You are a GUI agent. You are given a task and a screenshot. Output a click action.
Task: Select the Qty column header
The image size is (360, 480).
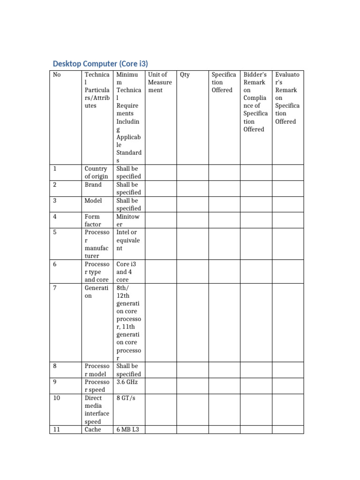[185, 75]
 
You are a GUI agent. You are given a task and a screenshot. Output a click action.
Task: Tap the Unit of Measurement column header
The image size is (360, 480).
[159, 82]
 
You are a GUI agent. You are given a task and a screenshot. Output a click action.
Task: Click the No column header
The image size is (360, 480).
[57, 75]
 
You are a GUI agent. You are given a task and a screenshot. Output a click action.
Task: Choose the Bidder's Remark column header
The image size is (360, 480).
[255, 102]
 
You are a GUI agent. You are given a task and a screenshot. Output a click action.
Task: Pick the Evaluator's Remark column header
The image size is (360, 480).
[287, 98]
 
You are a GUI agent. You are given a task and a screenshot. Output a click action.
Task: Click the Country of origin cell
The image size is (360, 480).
[96, 172]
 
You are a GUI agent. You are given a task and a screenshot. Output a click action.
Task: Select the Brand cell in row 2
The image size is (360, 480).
[93, 185]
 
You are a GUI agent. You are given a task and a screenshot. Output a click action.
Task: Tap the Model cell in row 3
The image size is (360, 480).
[93, 201]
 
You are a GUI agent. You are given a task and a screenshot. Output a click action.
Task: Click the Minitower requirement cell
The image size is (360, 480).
[127, 220]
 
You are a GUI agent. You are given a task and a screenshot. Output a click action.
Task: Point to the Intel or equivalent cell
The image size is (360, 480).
[128, 240]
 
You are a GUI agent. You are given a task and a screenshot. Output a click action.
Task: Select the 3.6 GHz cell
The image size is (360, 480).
[127, 382]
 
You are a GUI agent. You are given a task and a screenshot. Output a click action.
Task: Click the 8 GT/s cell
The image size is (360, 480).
[126, 398]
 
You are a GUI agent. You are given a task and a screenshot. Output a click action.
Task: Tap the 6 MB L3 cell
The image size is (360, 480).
[127, 429]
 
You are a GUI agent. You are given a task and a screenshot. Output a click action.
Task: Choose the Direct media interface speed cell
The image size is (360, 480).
[97, 410]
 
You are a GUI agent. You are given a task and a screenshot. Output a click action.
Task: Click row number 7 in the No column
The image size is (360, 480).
[55, 288]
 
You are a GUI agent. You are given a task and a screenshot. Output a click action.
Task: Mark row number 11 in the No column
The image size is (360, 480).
[56, 429]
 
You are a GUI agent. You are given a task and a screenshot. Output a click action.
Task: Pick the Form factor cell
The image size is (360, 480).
[93, 220]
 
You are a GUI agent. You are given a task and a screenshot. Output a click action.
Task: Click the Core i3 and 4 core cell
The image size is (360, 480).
[126, 272]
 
